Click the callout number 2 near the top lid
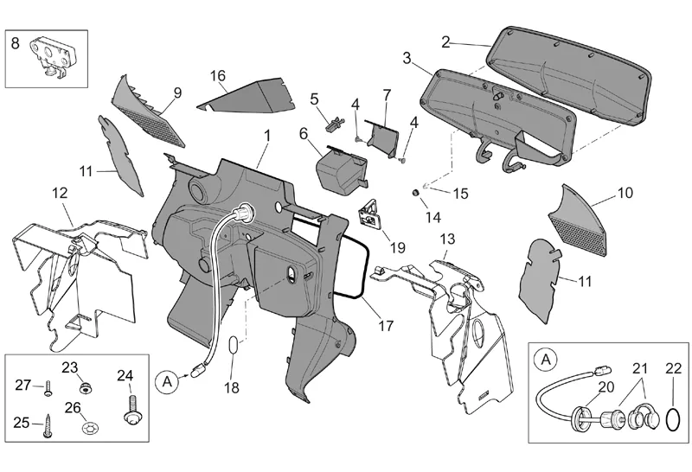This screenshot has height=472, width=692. click(x=445, y=41)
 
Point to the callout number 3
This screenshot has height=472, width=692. click(x=407, y=57)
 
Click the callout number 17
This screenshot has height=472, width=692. click(x=386, y=326)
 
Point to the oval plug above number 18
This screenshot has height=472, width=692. click(x=233, y=347)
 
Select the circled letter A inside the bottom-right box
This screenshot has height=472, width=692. click(x=547, y=357)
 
